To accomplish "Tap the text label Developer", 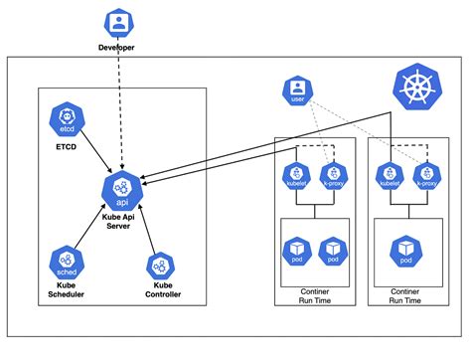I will [x=119, y=48].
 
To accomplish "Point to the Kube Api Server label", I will [x=123, y=221].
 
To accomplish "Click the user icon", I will [x=296, y=91].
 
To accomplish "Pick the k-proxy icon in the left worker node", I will [x=336, y=175].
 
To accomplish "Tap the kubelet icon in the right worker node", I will [x=390, y=175].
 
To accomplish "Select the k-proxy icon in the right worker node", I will [x=427, y=175].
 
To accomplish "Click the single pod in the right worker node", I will [x=405, y=252].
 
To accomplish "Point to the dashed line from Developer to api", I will [x=120, y=109].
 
